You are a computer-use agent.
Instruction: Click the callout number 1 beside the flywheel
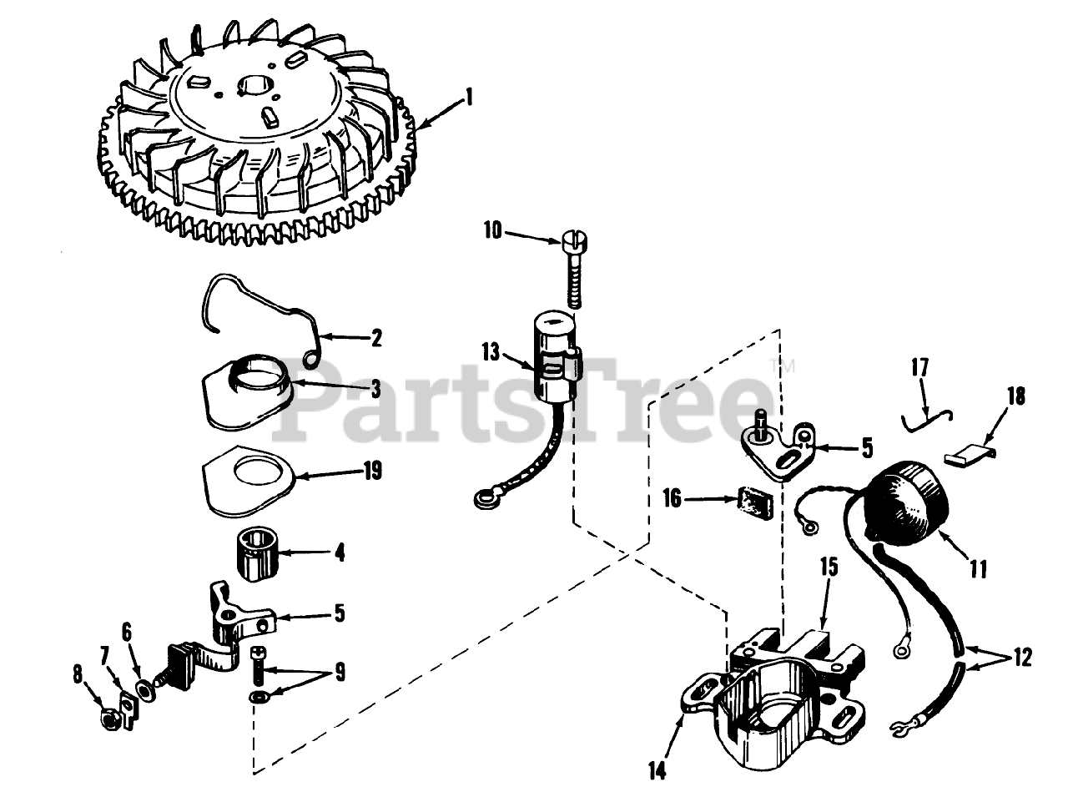click(x=469, y=98)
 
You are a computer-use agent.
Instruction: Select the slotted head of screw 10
click(x=575, y=240)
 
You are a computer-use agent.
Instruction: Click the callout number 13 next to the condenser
click(x=491, y=352)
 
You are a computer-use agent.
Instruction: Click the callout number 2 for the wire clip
click(x=376, y=338)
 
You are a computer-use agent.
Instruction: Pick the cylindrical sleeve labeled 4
click(x=257, y=554)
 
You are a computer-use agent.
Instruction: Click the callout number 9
click(x=339, y=673)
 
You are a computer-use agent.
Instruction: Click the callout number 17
click(x=919, y=368)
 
